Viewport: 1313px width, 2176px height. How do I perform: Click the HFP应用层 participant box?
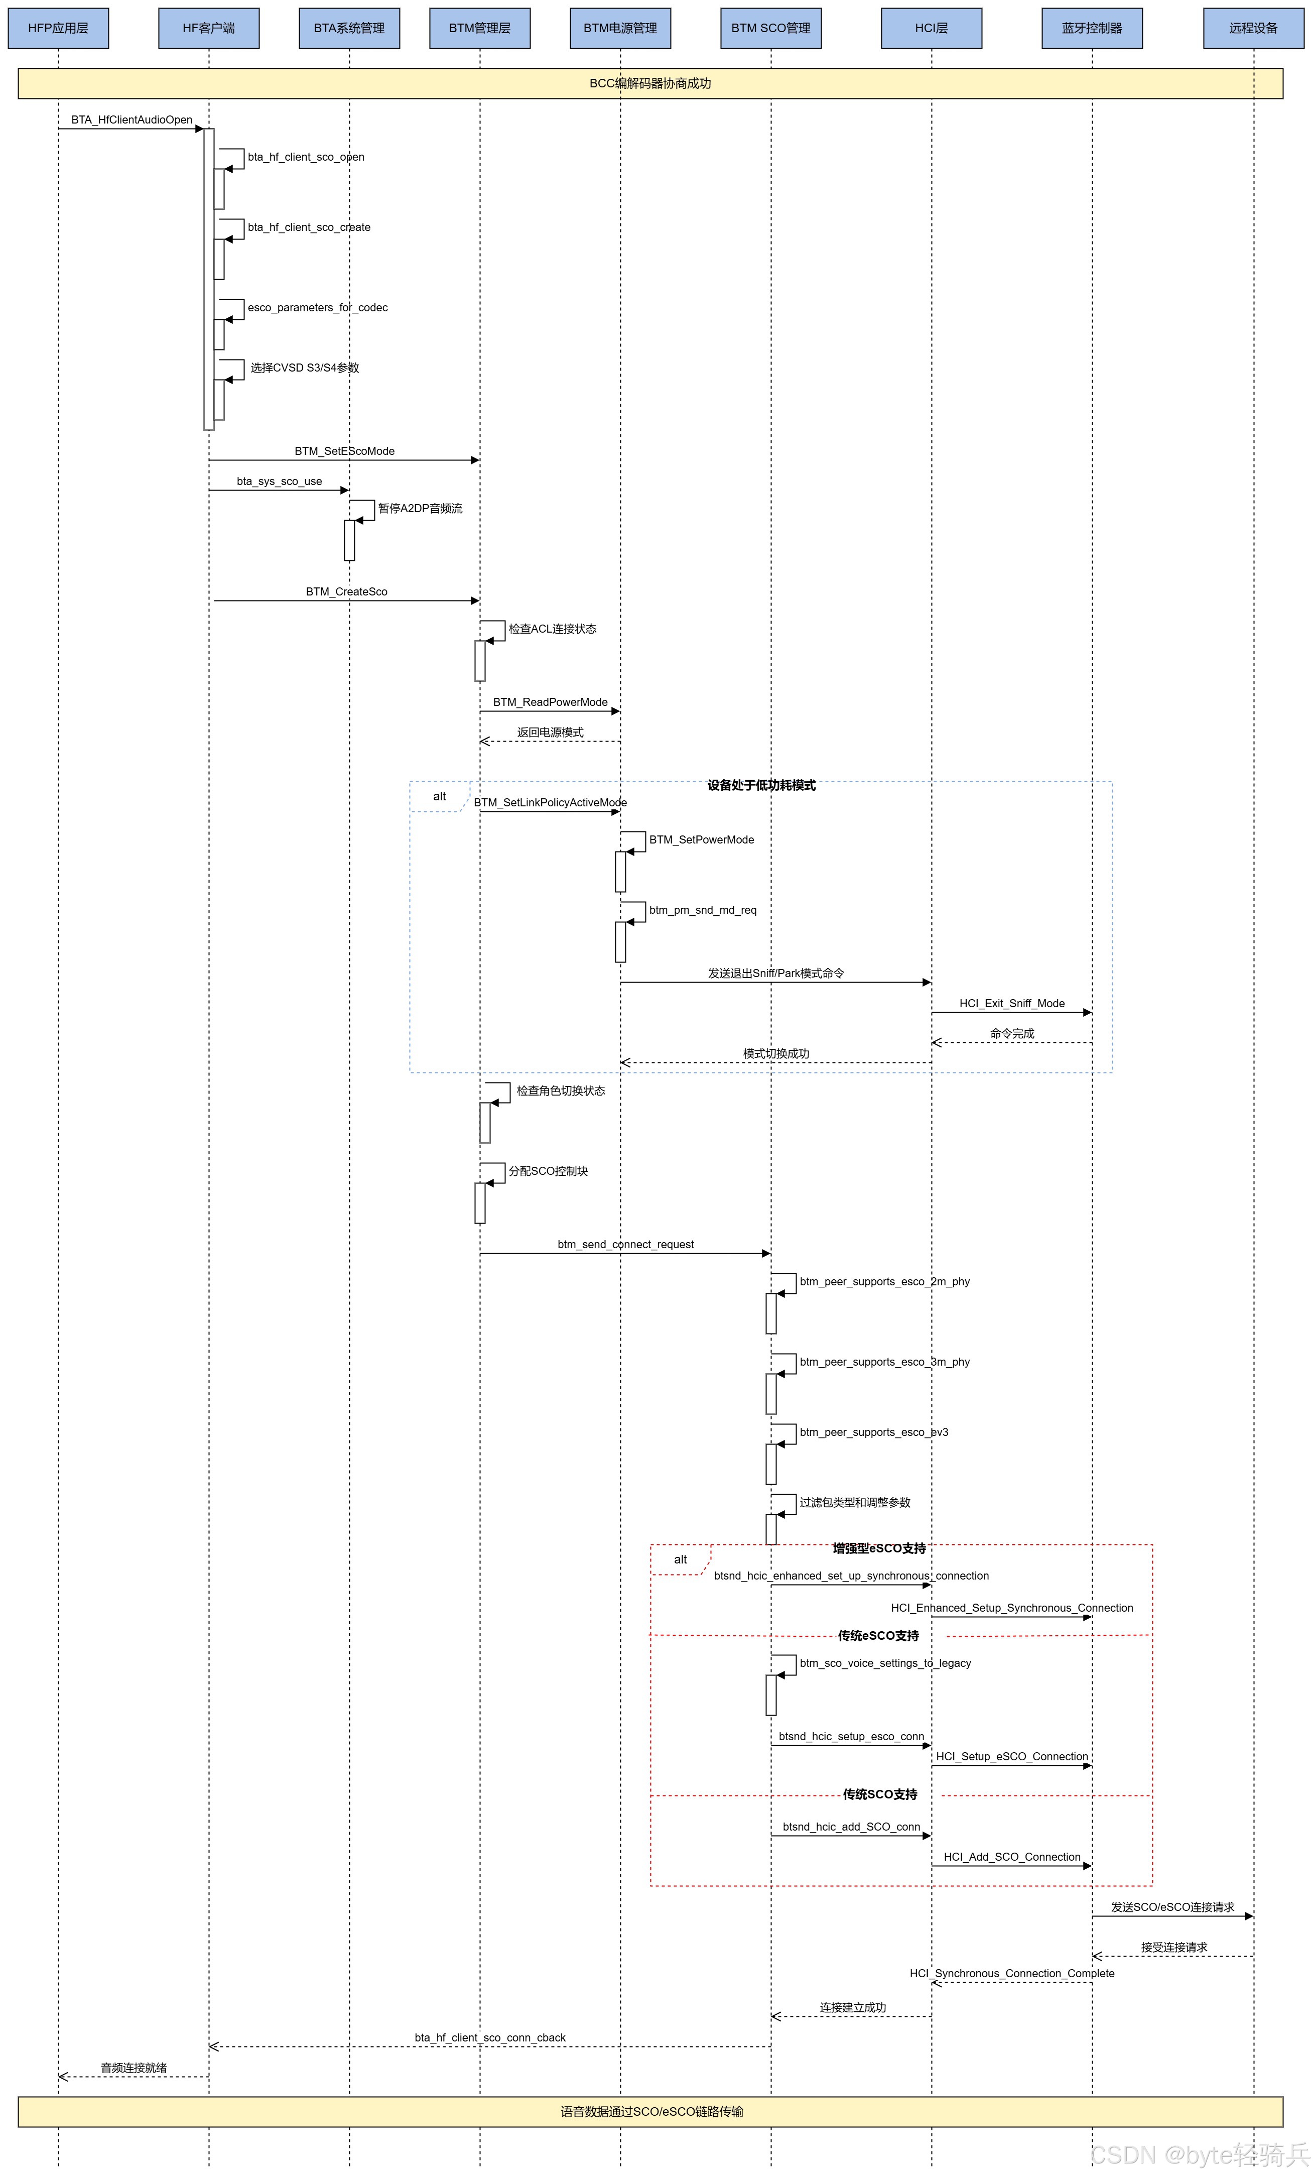tap(58, 28)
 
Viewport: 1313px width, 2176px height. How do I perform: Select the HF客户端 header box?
tap(208, 28)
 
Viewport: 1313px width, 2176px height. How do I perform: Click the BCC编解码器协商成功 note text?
tap(650, 84)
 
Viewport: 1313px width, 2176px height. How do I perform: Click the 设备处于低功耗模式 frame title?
tap(761, 786)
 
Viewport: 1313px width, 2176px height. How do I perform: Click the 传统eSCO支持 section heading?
tap(878, 1636)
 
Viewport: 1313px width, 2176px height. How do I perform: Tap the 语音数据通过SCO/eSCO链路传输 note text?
tap(651, 2112)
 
